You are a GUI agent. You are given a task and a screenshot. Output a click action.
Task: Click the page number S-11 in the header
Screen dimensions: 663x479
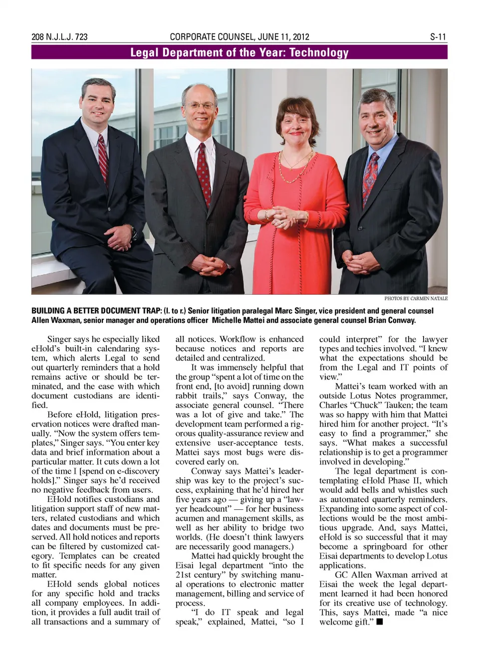438,37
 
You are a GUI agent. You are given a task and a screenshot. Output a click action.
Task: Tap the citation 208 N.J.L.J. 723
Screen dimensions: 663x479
59,37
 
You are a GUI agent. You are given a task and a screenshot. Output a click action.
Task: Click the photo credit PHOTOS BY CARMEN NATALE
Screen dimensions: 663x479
416,298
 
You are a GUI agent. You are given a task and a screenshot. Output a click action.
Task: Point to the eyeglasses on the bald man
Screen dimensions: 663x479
200,106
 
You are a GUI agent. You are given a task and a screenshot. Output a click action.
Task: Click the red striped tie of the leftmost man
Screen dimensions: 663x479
103,160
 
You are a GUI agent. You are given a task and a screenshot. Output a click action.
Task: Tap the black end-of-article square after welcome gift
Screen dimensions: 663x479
380,622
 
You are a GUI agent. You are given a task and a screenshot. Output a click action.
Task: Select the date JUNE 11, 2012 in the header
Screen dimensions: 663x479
283,37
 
